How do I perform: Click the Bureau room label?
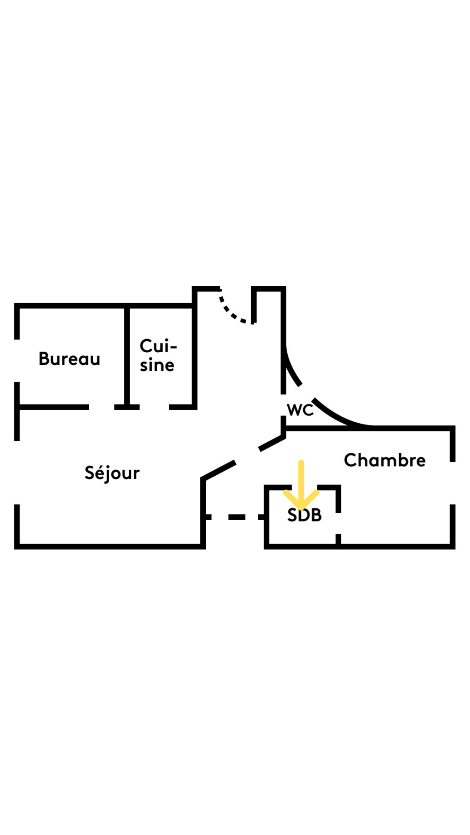(69, 359)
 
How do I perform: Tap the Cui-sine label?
(158, 355)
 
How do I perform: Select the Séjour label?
(112, 473)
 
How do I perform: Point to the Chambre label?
(385, 460)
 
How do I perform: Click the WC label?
(300, 410)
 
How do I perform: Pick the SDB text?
(305, 515)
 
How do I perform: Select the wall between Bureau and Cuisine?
(127, 357)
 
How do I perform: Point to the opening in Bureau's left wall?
(17, 361)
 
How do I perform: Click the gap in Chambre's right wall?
(453, 483)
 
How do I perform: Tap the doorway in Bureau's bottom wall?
(101, 407)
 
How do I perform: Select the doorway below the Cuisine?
(154, 407)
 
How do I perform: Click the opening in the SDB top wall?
(305, 487)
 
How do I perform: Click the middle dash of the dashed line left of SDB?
(237, 517)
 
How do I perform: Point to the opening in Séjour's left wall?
(17, 473)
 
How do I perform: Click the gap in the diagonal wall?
(247, 456)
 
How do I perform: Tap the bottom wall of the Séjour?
(109, 546)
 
